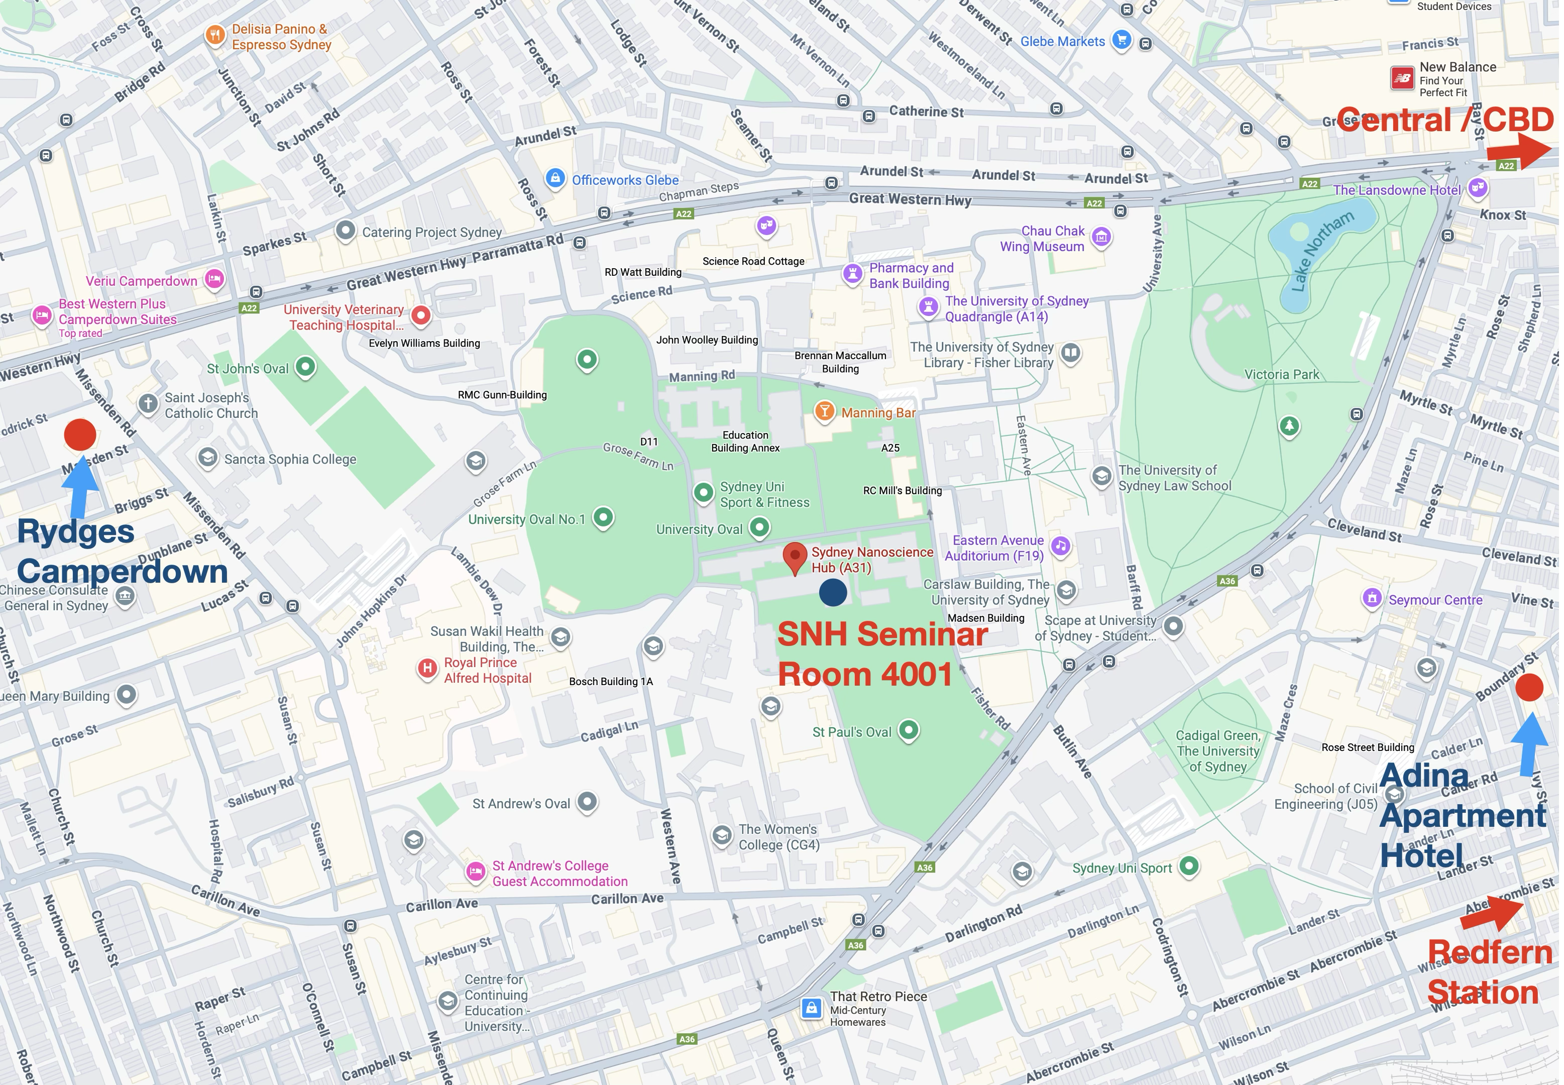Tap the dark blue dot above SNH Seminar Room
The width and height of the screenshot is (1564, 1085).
(833, 592)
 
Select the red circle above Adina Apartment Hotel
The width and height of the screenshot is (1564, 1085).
(1529, 687)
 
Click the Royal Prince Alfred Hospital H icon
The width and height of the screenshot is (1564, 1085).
(427, 668)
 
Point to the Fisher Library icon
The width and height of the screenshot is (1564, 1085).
(1070, 353)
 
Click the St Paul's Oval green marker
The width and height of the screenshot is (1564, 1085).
(909, 731)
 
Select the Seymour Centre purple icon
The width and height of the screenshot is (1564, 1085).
(1372, 598)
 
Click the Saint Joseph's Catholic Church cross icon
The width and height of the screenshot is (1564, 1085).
(148, 403)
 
